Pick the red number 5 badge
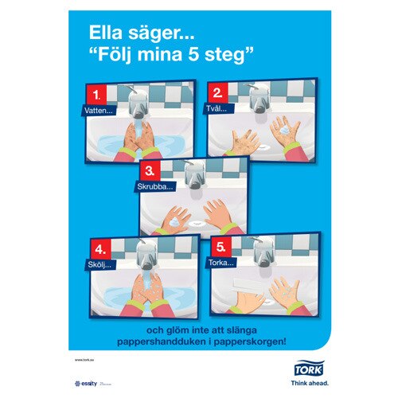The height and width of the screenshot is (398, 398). click(224, 247)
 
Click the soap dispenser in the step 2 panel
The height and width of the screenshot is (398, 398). click(259, 99)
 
